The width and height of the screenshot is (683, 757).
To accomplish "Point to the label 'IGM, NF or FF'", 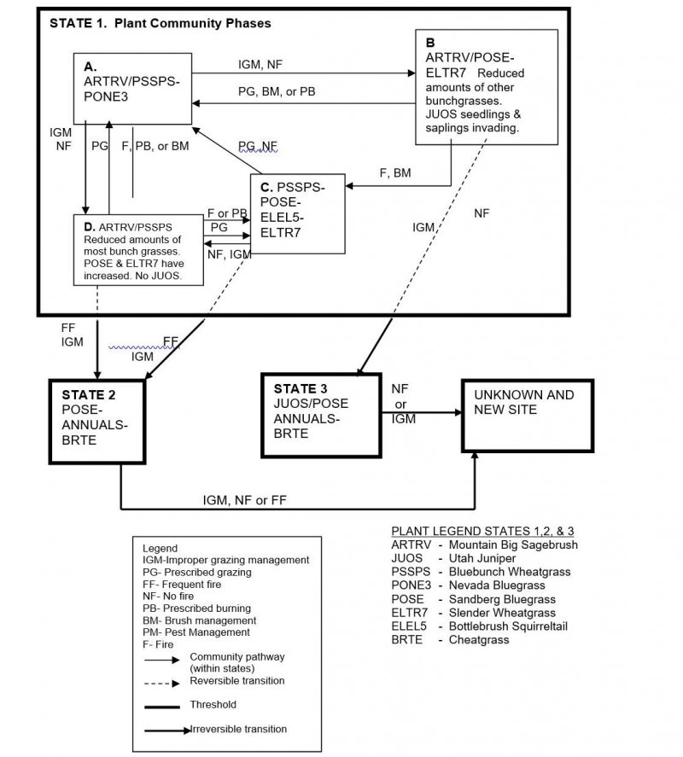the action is tap(244, 500).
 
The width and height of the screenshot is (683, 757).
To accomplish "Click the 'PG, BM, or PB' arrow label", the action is tap(277, 91).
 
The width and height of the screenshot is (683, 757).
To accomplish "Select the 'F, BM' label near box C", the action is tap(395, 173).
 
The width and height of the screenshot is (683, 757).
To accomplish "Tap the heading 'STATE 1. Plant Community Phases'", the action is tap(161, 23).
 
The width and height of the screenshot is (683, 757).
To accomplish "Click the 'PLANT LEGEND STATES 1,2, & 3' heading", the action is tap(482, 531).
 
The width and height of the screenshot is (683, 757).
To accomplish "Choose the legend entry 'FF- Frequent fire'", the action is tap(182, 584).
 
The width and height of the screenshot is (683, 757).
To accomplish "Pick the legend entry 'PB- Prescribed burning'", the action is tap(196, 609).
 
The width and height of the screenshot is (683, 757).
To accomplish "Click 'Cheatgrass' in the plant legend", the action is tap(479, 640).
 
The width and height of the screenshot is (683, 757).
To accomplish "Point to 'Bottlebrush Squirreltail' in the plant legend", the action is tap(508, 626).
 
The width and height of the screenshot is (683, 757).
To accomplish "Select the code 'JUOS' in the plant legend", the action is tap(406, 558).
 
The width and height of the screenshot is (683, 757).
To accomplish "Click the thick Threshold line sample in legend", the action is tap(162, 708).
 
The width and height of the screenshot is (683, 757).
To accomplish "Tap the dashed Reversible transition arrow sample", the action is tap(162, 683).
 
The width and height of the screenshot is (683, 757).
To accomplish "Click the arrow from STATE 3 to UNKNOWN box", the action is tap(422, 413).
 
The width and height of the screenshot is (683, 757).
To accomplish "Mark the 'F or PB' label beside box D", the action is tap(227, 213).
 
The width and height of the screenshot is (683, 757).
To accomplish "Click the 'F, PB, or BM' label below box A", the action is tap(155, 146).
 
